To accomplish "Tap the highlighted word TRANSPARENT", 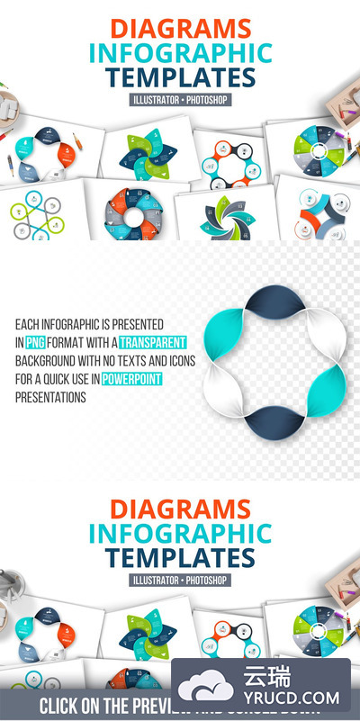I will point(153,341).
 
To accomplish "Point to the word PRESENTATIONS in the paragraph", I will point(50,397).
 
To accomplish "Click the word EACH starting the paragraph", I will point(27,322).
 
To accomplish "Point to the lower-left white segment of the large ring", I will point(224,392).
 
